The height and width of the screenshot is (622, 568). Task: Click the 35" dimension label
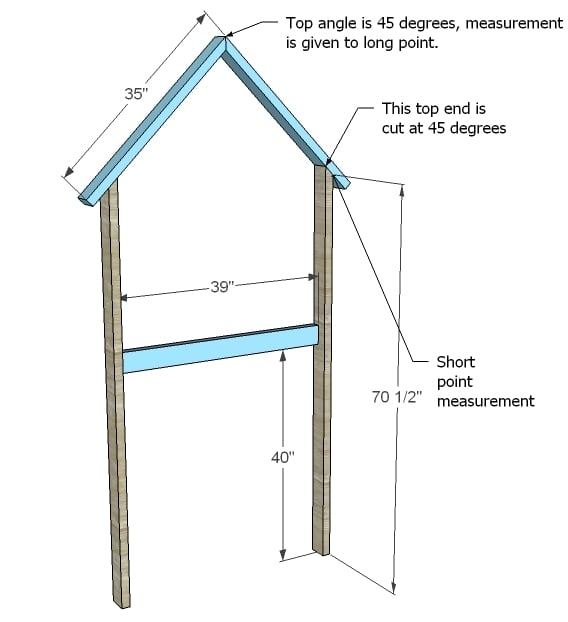(x=136, y=94)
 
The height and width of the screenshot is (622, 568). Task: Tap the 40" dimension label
(x=282, y=458)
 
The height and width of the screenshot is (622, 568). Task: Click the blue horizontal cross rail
(x=221, y=349)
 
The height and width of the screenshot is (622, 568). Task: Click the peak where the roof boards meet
(x=225, y=37)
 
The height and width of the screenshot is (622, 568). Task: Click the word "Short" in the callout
(x=455, y=362)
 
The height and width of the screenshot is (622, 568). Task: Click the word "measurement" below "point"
(x=485, y=401)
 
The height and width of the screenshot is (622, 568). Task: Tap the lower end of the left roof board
(x=87, y=198)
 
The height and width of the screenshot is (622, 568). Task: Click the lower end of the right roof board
(x=342, y=182)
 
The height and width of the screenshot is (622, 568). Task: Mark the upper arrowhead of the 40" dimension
(x=282, y=356)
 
